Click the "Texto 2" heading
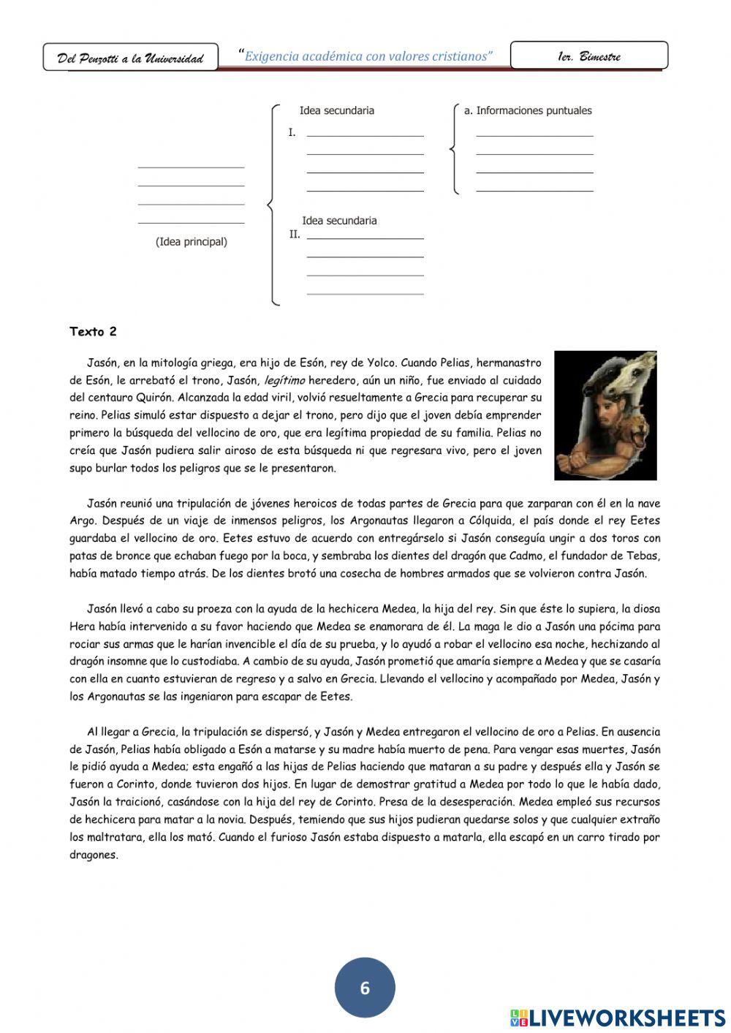click(x=93, y=332)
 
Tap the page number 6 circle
click(x=365, y=988)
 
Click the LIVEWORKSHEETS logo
click(x=618, y=1017)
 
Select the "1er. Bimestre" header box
click(x=588, y=56)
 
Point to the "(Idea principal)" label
click(x=192, y=242)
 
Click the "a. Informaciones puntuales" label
click(x=528, y=111)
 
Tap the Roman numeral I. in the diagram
click(x=292, y=133)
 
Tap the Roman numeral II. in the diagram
click(x=295, y=235)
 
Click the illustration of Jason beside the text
click(x=605, y=415)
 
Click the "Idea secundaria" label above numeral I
click(x=337, y=111)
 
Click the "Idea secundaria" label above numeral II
click(x=339, y=221)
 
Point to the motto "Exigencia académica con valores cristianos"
click(x=368, y=56)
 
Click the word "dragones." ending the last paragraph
click(x=94, y=855)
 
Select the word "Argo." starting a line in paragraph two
click(x=83, y=521)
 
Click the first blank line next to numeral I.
click(x=365, y=135)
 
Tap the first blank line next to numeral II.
click(x=365, y=238)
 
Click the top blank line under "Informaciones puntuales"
click(x=534, y=135)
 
